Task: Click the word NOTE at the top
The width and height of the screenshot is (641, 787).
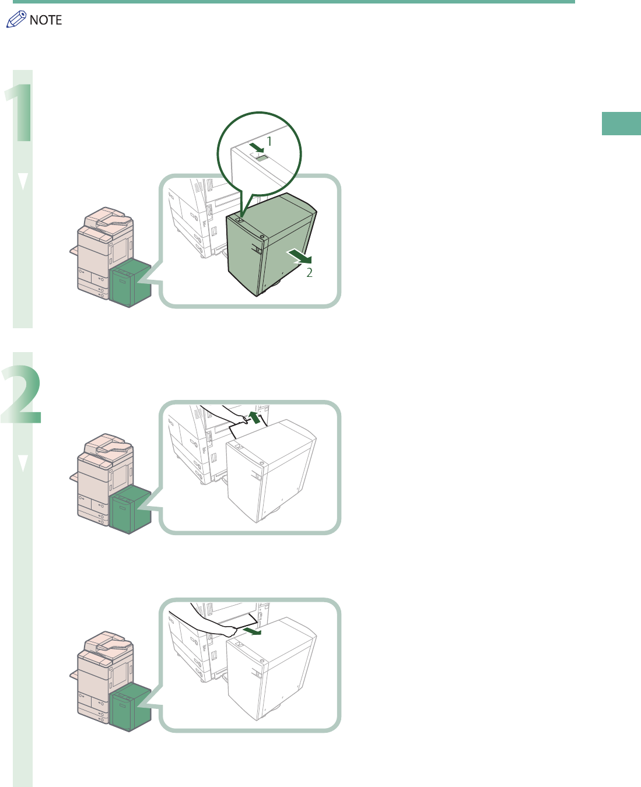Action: (45, 20)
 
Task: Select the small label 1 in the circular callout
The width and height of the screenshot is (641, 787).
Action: (269, 141)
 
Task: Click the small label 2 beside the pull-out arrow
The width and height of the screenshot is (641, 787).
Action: (310, 272)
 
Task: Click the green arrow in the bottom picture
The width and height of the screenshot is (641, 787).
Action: (251, 631)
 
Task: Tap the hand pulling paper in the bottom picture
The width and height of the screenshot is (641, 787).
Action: (227, 630)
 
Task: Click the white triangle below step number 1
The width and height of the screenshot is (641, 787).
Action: (23, 181)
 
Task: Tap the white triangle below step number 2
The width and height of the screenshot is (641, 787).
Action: (23, 463)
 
